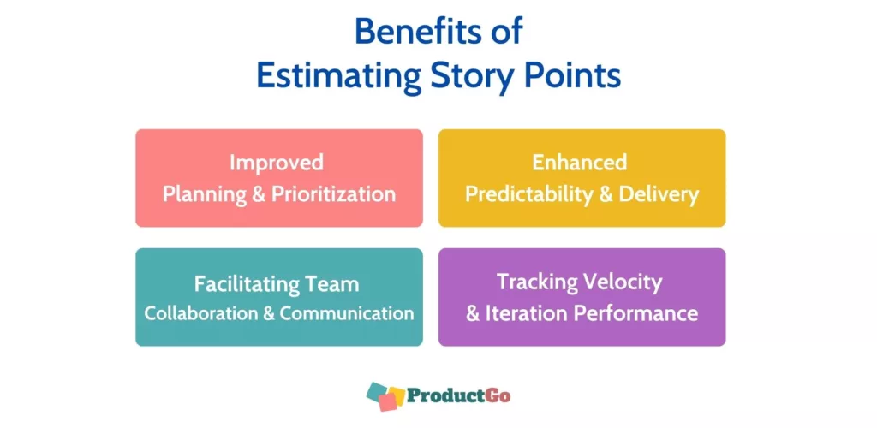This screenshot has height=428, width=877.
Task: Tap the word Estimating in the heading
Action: (x=339, y=77)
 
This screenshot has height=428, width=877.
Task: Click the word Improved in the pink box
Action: (x=277, y=163)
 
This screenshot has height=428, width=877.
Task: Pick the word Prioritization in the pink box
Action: (x=333, y=194)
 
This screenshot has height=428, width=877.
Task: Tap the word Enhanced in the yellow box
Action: (x=579, y=162)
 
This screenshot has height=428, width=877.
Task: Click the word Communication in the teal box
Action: (x=347, y=313)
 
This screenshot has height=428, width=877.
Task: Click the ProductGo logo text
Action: (x=458, y=395)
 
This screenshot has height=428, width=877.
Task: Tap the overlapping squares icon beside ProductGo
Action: (x=385, y=395)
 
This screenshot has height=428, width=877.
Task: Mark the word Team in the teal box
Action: (x=332, y=284)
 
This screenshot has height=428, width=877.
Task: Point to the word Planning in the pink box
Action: (x=205, y=194)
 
